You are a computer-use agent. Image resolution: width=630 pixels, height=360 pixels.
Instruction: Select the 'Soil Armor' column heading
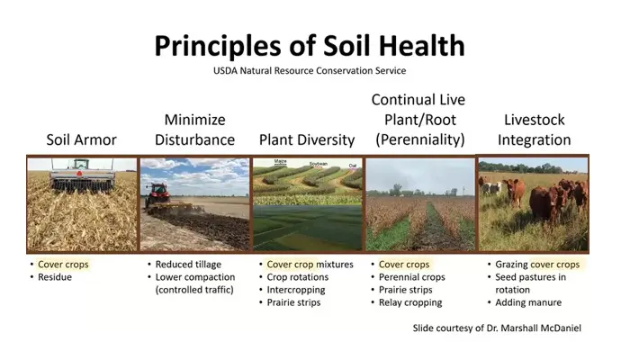click(x=82, y=139)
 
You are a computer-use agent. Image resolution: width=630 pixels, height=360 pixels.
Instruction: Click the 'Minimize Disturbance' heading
click(x=194, y=130)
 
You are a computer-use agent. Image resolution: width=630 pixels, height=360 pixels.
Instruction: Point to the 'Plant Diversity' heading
click(x=307, y=139)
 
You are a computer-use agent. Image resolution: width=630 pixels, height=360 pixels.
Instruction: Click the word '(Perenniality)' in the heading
click(x=421, y=139)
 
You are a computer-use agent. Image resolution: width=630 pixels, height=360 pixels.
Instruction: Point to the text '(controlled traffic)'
click(x=193, y=290)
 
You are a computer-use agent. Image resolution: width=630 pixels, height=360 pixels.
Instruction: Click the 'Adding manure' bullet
click(x=528, y=302)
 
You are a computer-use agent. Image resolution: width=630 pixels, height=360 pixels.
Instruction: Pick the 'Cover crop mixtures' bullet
click(x=310, y=265)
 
